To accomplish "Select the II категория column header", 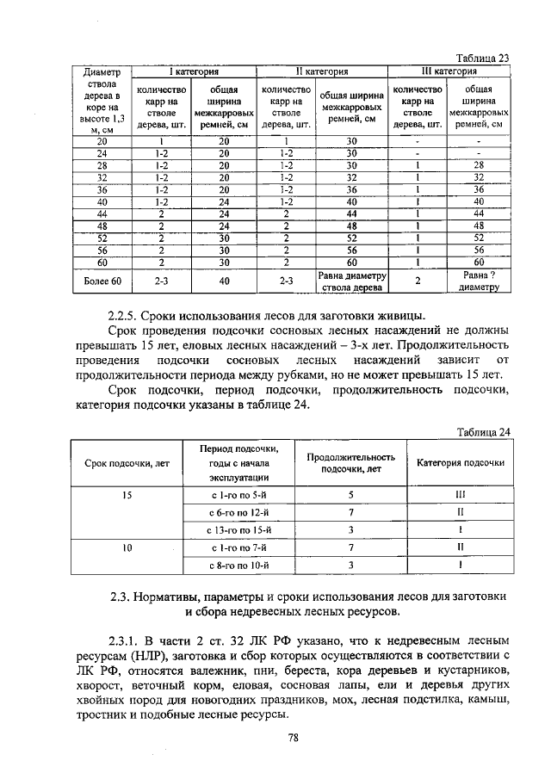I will [x=321, y=71].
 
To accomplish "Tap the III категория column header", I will [x=448, y=71].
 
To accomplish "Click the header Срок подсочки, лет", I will [x=127, y=464].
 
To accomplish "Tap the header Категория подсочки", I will [x=461, y=463].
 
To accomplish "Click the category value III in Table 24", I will [x=461, y=496].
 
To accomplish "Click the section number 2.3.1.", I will [x=127, y=641].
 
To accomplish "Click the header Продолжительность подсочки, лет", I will [x=351, y=464].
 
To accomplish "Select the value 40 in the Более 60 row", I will [x=224, y=281].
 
